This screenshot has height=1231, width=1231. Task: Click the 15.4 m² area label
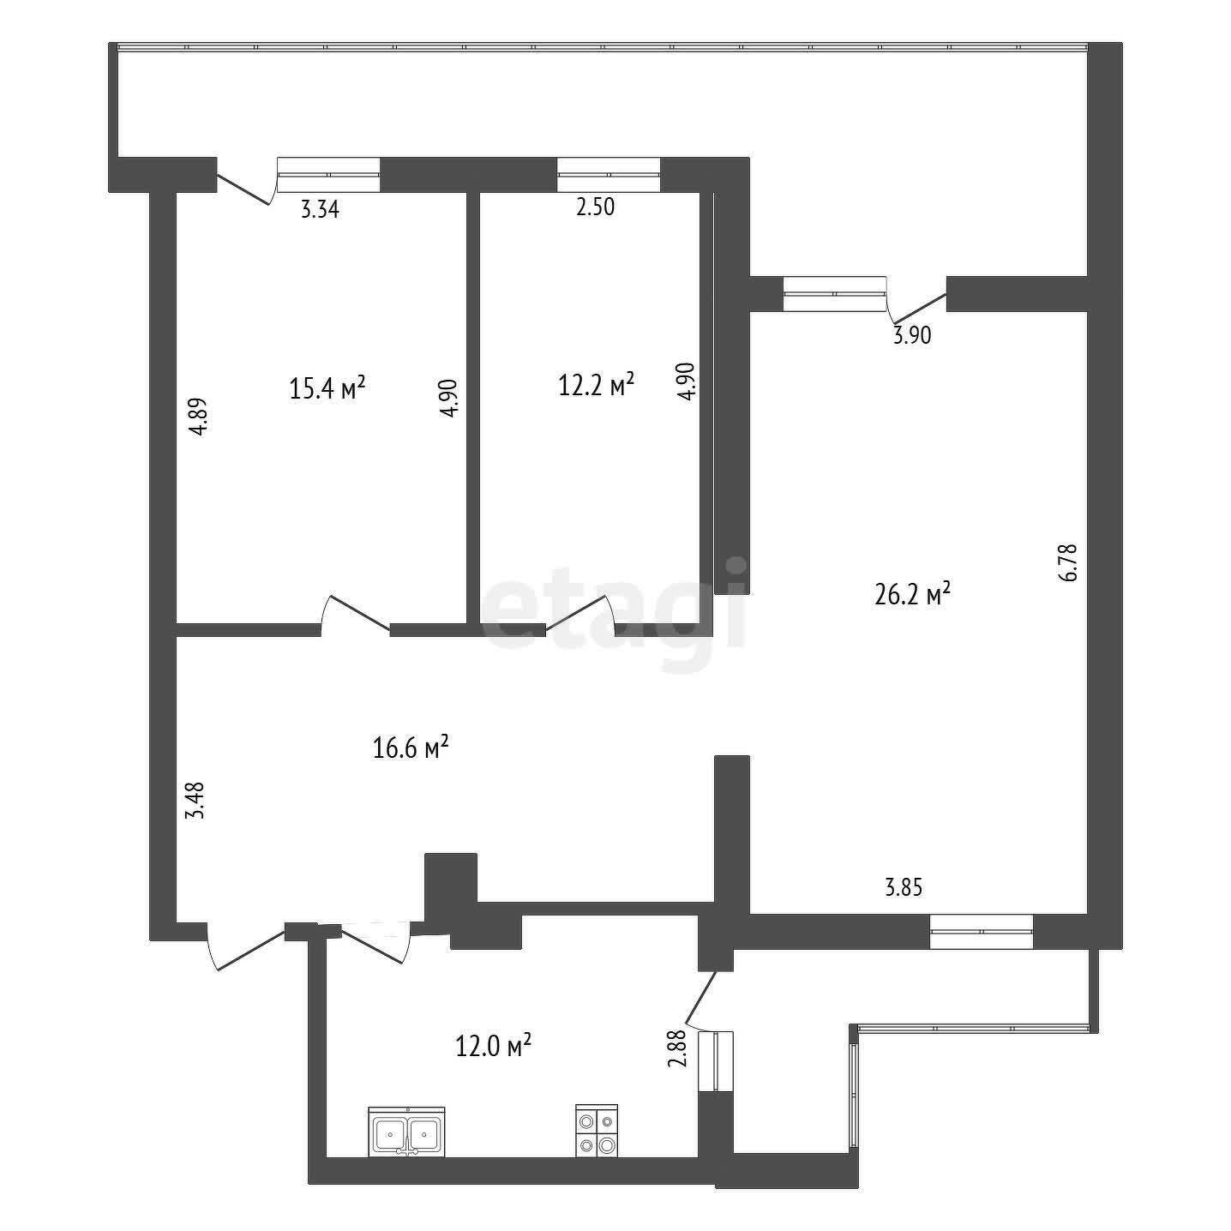(327, 387)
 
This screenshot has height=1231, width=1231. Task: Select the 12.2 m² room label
(597, 385)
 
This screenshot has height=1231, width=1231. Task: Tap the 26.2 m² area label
(912, 594)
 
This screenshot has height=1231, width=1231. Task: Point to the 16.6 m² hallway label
(411, 747)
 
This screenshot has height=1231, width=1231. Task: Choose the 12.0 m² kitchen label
(494, 1046)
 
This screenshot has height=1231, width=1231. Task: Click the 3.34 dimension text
(320, 209)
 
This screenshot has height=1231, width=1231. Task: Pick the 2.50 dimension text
(596, 207)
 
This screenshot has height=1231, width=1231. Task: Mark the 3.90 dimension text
(912, 334)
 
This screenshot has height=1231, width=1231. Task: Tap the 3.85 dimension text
(904, 887)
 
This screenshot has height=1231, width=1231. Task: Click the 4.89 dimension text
(199, 417)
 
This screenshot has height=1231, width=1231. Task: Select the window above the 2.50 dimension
(608, 174)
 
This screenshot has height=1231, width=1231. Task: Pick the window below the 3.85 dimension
(982, 931)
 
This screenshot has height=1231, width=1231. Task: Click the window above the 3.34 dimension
(328, 174)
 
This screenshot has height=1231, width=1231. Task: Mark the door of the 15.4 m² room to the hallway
(355, 615)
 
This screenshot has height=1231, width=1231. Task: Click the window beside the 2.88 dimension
(716, 1061)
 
